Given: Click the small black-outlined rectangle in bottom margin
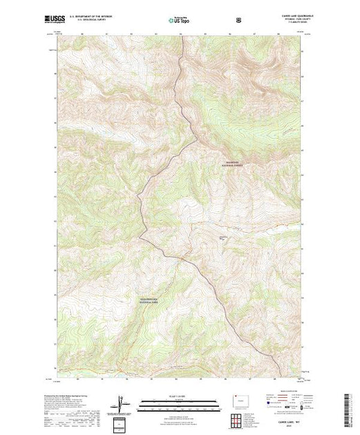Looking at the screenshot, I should pyautogui.click(x=122, y=423).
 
